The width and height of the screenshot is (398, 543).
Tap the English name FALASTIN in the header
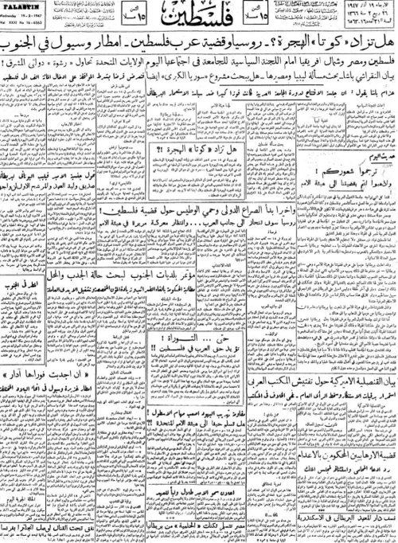24,18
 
